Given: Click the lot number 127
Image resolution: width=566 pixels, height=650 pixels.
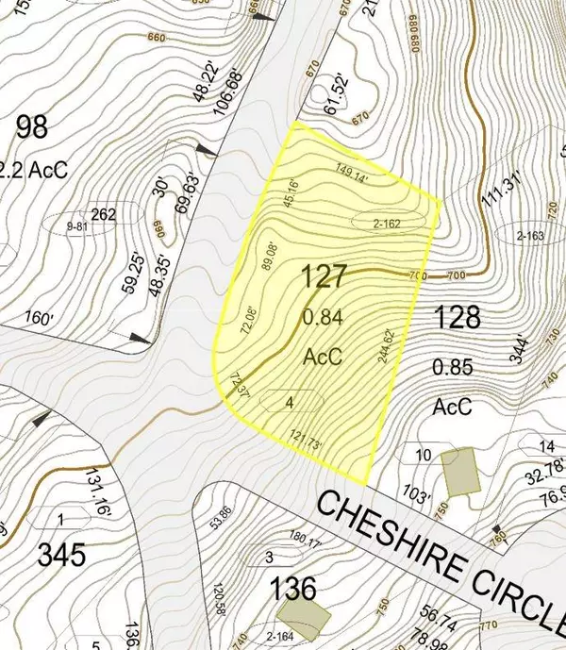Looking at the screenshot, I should (x=325, y=277).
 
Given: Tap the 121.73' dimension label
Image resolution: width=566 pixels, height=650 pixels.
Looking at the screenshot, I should (x=315, y=440).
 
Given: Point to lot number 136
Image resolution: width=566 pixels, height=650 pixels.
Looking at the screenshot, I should (x=292, y=591).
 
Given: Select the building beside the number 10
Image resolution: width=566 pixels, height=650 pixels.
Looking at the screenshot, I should (x=460, y=469).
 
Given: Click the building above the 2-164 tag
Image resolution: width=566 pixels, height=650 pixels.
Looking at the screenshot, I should (x=307, y=617).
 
